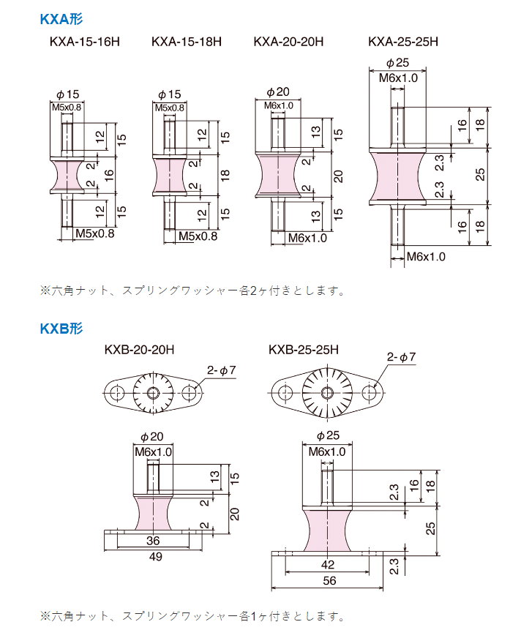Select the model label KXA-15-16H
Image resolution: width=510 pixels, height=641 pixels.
[x=84, y=42]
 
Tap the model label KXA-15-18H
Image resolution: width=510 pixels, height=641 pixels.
[x=186, y=42]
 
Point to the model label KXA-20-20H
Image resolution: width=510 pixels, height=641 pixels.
[x=288, y=42]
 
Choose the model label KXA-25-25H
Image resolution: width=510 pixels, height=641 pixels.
[x=403, y=42]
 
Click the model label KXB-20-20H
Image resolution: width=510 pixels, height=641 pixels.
[x=139, y=350]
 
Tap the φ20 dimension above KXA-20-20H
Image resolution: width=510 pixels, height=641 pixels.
[x=278, y=91]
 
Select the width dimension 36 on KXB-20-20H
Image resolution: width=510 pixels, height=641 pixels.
[x=153, y=541]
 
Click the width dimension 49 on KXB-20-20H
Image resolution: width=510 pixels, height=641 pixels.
[x=155, y=557]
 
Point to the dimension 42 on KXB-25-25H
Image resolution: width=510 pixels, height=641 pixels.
[x=326, y=565]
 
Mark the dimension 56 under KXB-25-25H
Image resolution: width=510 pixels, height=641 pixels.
[x=328, y=580]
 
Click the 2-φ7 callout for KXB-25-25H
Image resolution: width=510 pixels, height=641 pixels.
[x=402, y=357]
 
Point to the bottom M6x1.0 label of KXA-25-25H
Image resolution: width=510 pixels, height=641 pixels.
[x=427, y=256]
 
